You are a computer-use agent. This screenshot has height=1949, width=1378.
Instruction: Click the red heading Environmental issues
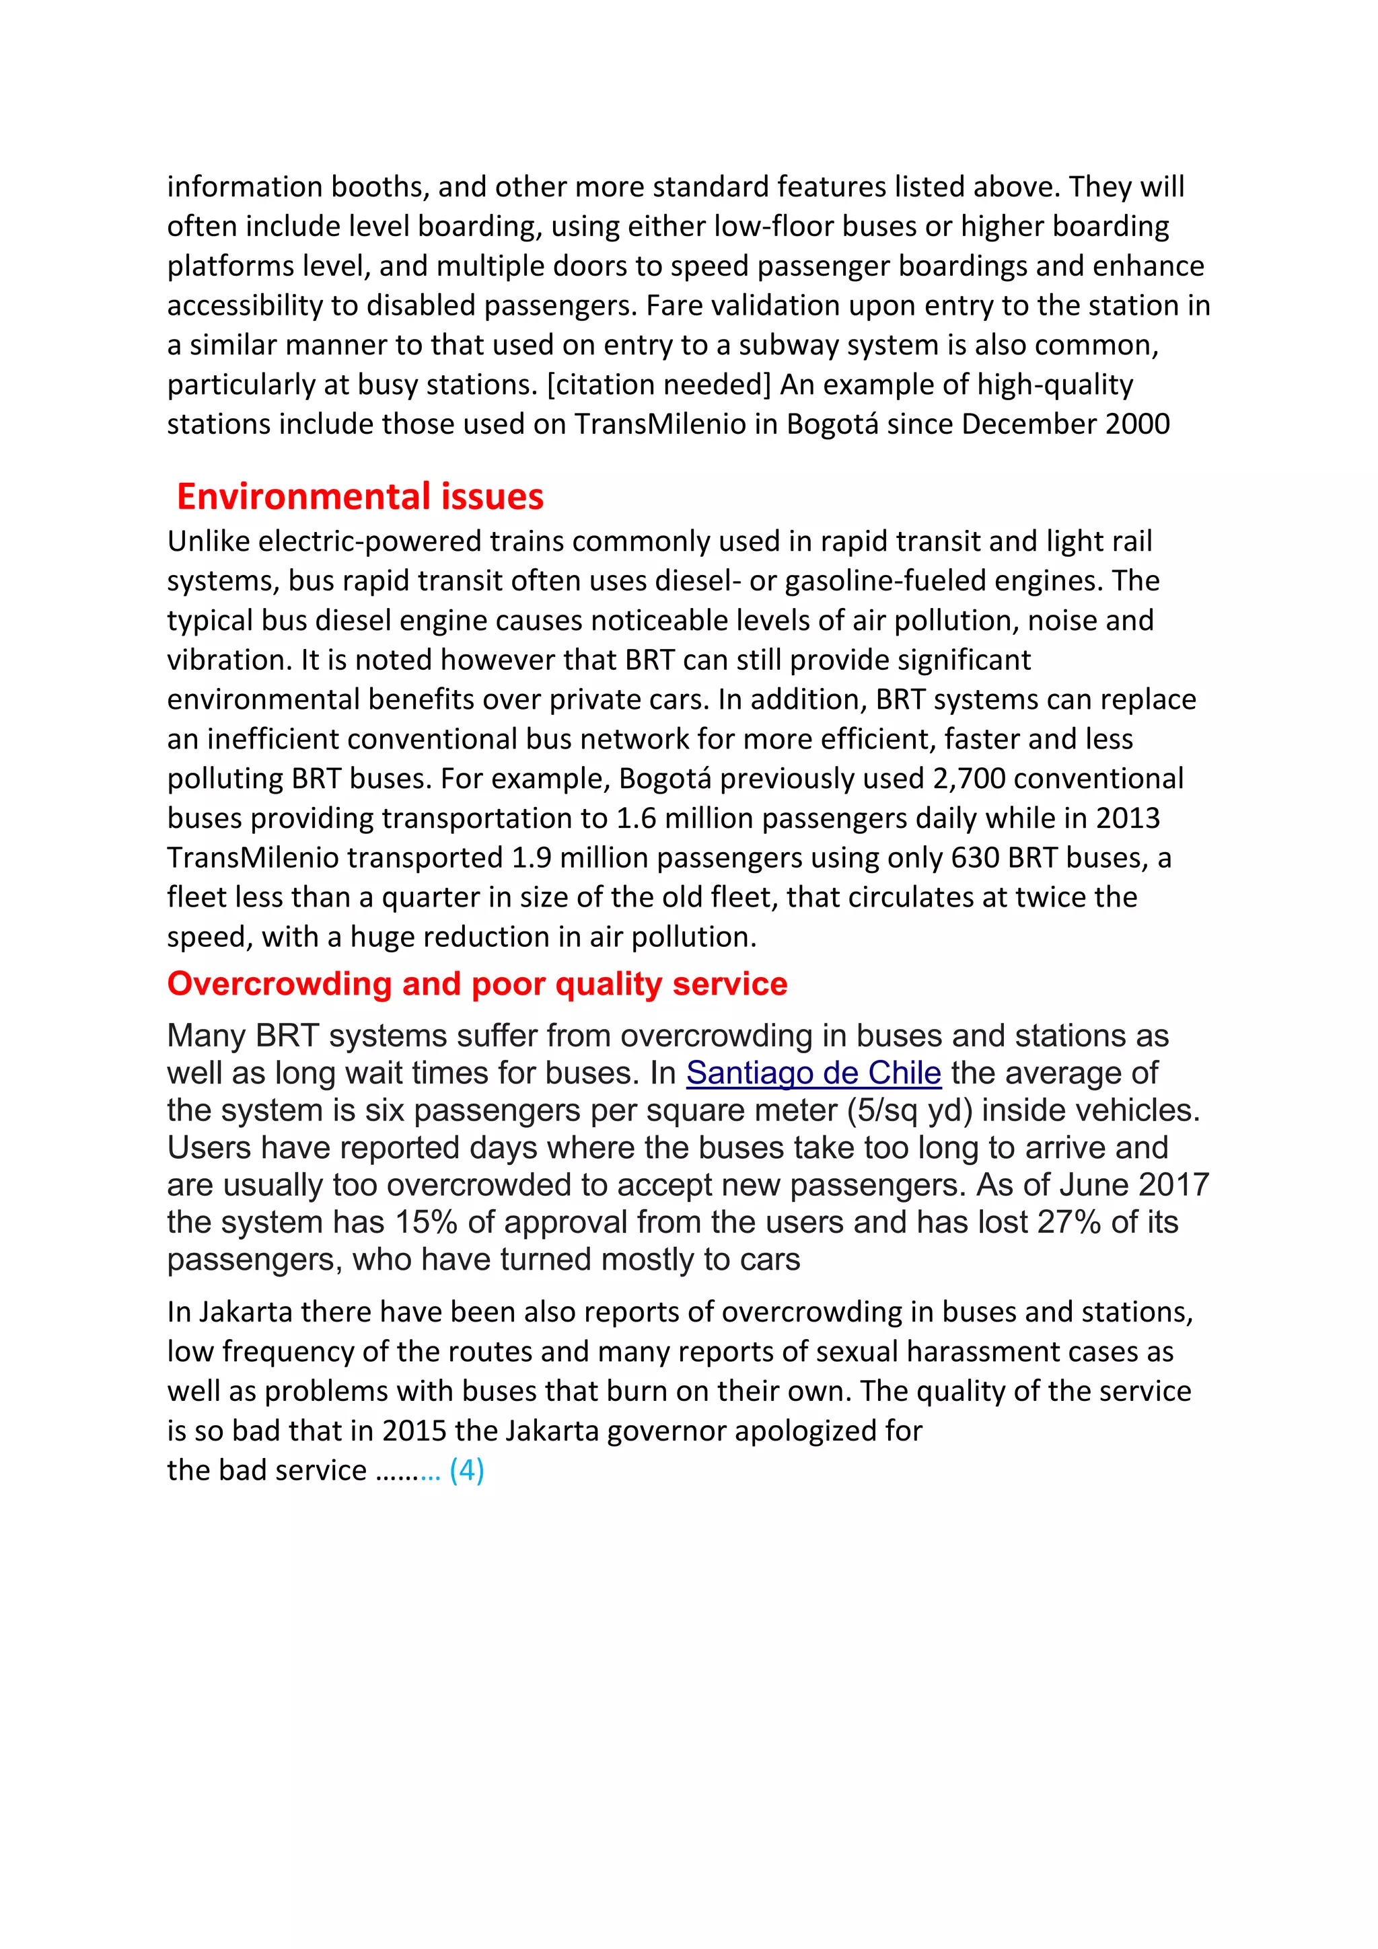point(359,496)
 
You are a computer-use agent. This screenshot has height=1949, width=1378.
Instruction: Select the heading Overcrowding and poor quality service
point(477,983)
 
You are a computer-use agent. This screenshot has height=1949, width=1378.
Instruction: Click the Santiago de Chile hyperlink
point(813,1073)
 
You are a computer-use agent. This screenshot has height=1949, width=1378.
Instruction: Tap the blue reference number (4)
point(466,1469)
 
